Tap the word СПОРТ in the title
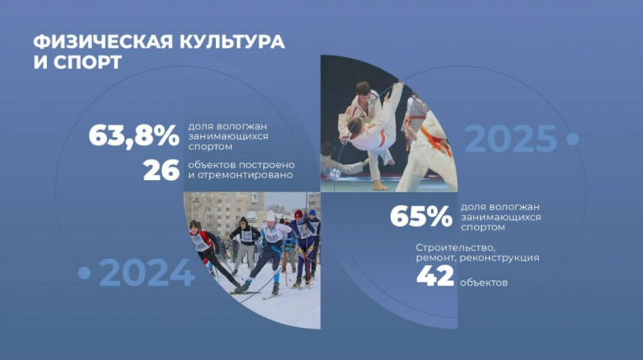(x=86, y=62)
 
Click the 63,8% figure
(x=134, y=135)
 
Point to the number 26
(x=161, y=170)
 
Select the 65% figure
(x=420, y=217)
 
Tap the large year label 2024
(x=147, y=273)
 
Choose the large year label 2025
(x=510, y=139)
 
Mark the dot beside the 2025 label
(x=572, y=138)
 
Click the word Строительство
(x=456, y=247)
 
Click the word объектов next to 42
(x=484, y=283)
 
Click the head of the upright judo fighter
(x=363, y=88)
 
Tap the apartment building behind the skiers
(x=213, y=210)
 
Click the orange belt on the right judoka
(x=435, y=138)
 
